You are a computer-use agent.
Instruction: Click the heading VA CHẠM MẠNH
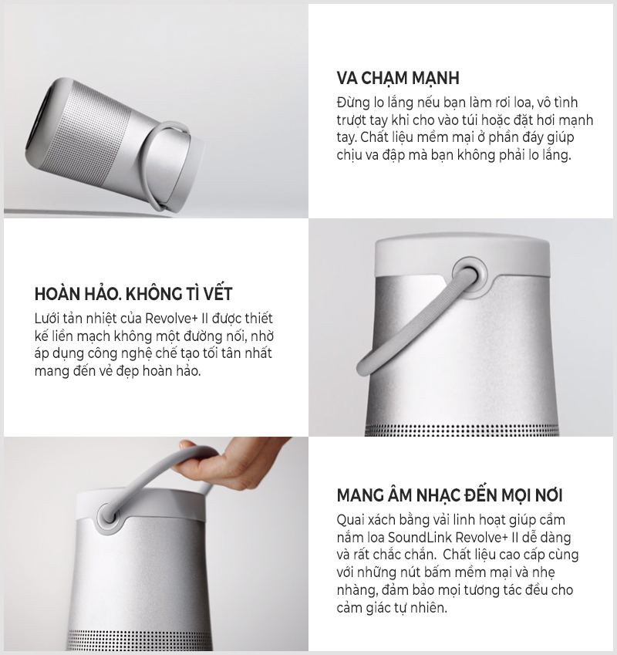point(398,78)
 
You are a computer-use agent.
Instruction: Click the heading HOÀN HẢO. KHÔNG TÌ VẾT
point(133,294)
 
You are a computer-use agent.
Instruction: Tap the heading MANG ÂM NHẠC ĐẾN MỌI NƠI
point(450,495)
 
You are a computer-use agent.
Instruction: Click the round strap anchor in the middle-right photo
point(469,275)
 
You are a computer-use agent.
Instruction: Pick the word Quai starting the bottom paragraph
point(352,520)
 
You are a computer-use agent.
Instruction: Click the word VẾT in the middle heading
point(216,294)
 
